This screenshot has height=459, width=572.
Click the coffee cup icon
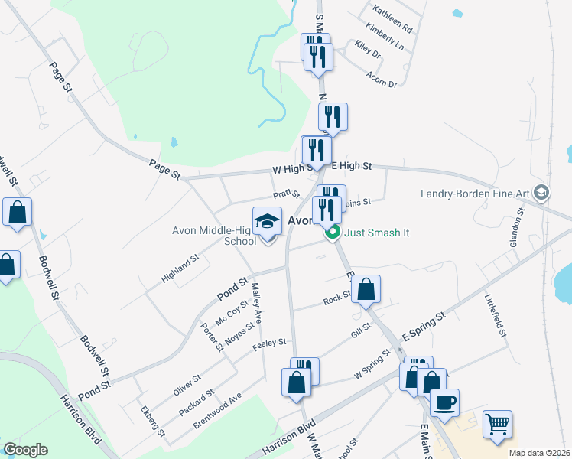444,401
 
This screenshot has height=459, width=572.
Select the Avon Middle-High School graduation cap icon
267,222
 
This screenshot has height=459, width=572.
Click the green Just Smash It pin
333,233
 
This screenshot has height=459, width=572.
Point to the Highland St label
180,269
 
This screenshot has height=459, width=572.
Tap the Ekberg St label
151,420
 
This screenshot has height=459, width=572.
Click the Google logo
25,450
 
